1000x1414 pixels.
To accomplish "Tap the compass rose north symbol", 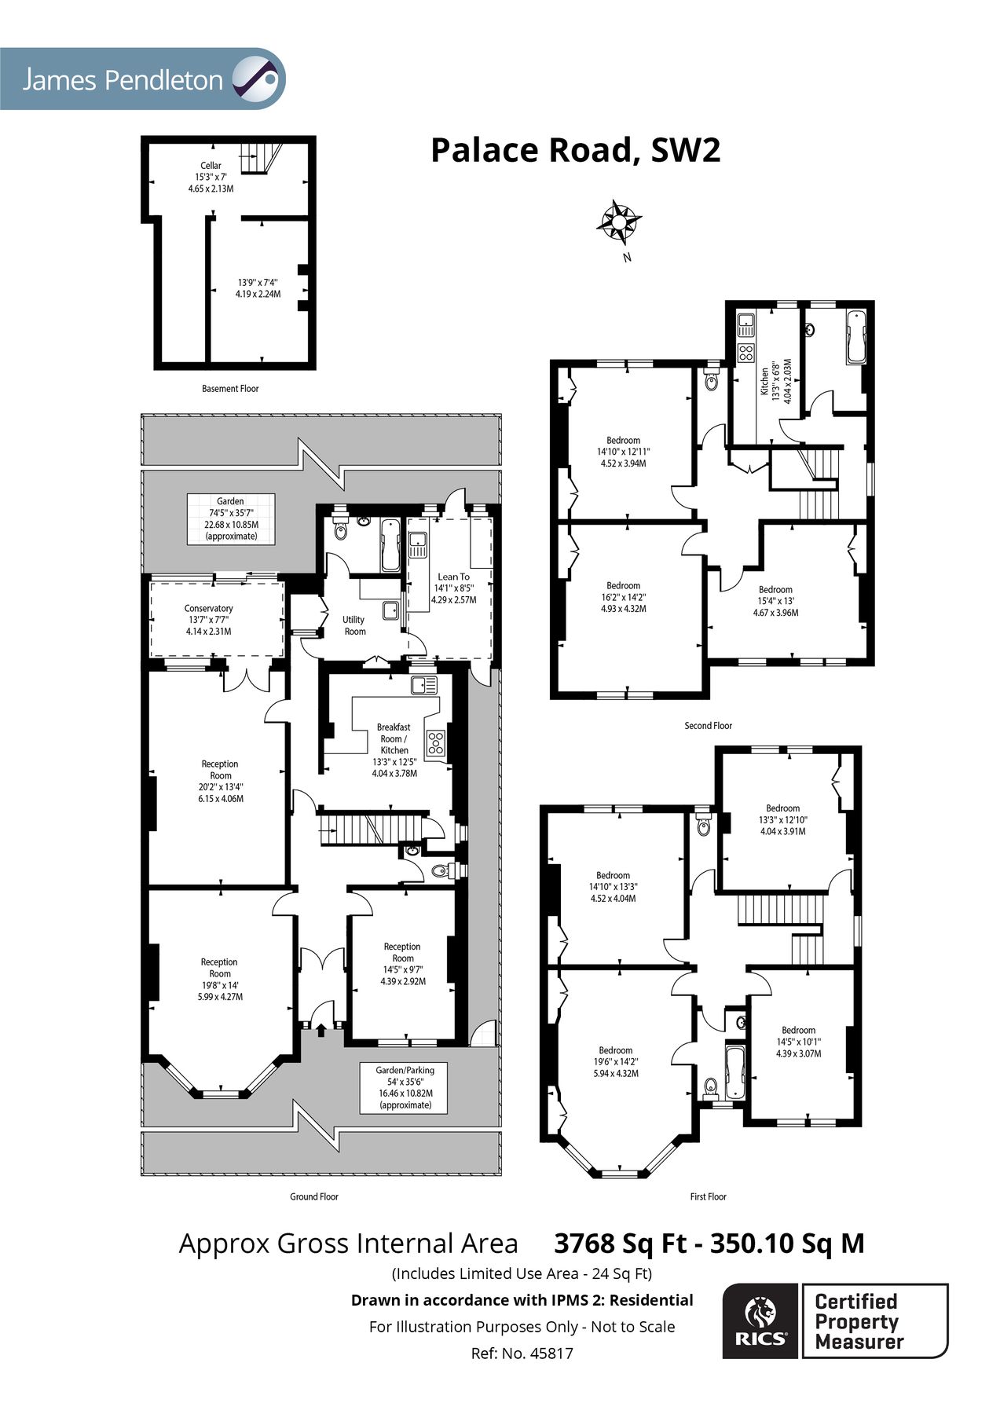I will point(619,222).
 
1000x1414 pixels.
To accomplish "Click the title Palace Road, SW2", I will point(575,150).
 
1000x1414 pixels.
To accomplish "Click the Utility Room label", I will point(354,625).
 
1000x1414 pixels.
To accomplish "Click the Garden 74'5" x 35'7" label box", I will point(230,518).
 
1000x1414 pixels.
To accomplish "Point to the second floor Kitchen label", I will point(764,382).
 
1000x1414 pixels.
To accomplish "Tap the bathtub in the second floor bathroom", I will point(856,336).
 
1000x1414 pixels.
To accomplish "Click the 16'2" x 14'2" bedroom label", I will point(623,597).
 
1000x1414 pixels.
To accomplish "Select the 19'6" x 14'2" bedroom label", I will point(615,1061).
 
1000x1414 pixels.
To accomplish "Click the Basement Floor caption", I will point(230,388).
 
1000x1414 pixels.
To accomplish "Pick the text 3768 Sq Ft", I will point(620,1244).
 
